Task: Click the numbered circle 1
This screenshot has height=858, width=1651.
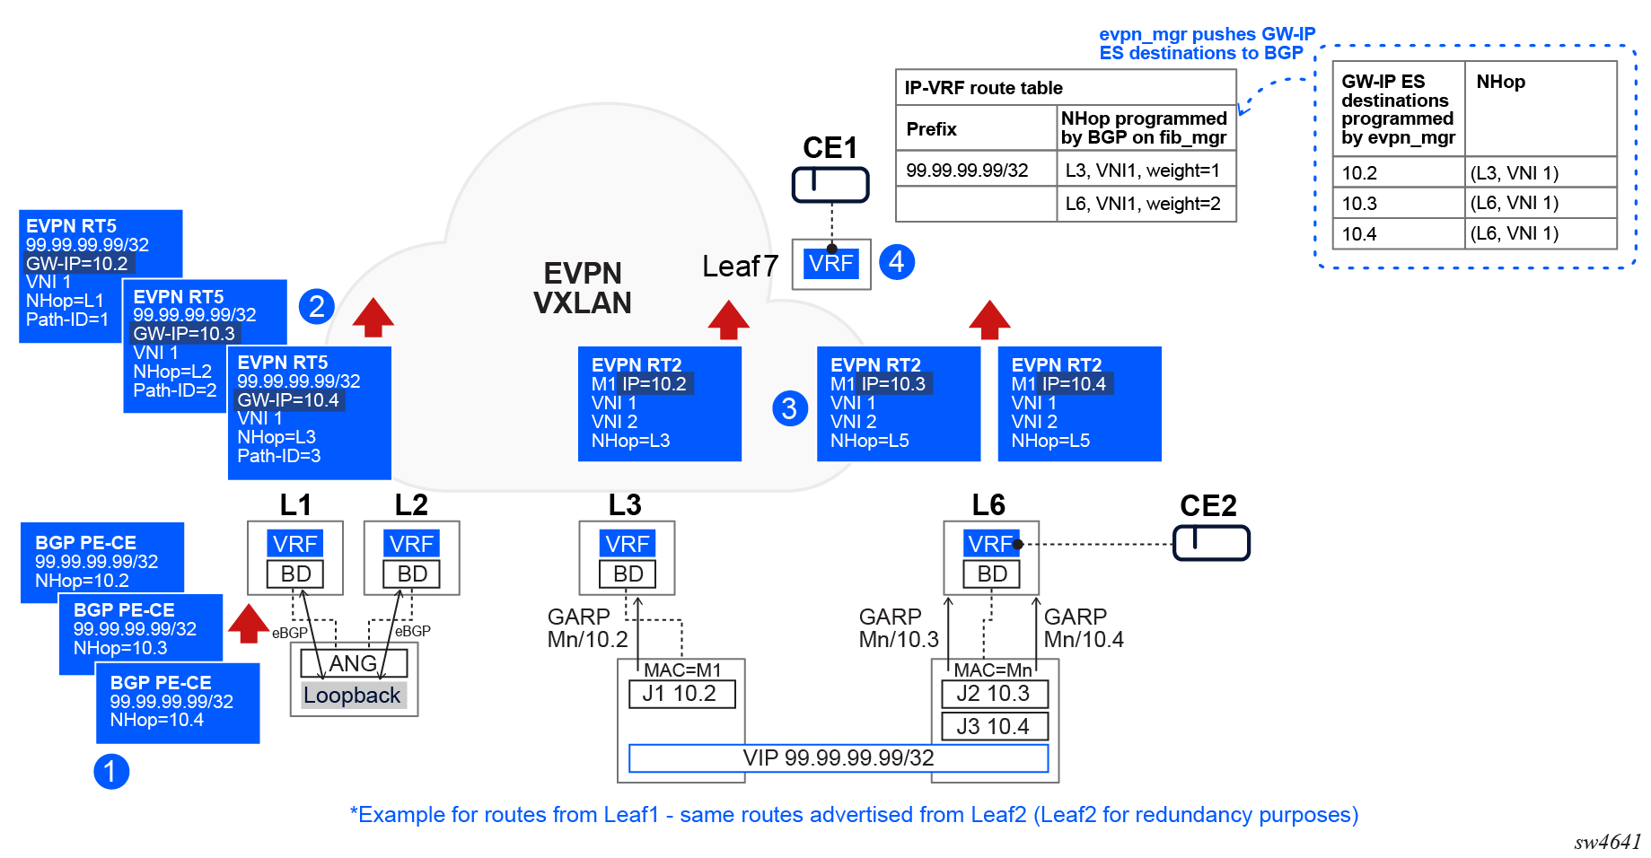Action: point(111,772)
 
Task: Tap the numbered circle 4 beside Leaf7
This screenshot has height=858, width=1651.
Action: point(897,262)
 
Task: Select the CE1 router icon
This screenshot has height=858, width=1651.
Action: point(830,185)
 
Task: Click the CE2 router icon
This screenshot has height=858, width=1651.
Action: point(1211,543)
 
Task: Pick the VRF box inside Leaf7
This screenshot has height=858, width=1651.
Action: point(830,264)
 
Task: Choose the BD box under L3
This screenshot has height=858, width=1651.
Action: point(628,573)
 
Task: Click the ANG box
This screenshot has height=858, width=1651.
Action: point(354,663)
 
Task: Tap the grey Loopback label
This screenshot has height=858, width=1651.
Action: point(352,696)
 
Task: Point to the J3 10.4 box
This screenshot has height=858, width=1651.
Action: point(994,726)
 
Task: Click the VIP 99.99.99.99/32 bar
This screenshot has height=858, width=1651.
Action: point(839,758)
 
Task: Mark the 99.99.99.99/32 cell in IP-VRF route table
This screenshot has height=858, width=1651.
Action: point(967,171)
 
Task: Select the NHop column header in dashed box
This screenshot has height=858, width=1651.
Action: point(1501,83)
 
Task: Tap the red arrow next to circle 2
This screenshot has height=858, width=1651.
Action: point(373,317)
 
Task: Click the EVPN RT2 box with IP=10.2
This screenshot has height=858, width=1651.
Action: point(659,404)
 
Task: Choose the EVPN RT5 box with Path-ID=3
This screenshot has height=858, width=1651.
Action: point(309,411)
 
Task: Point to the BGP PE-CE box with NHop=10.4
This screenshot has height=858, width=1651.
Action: point(178,703)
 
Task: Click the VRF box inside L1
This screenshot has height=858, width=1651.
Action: point(295,544)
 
